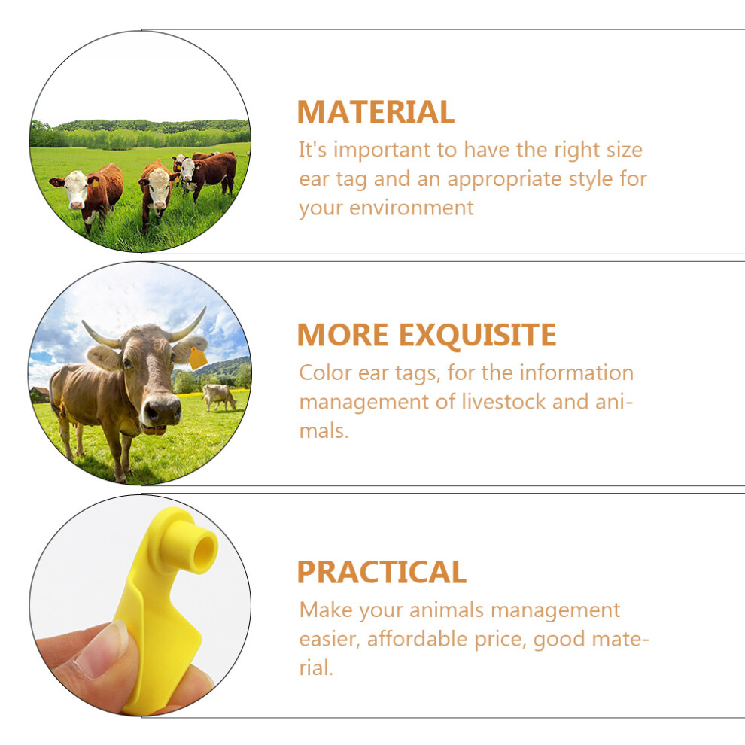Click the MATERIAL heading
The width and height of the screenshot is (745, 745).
[376, 111]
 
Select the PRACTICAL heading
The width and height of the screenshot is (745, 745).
[382, 572]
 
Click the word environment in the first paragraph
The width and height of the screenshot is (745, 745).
[412, 208]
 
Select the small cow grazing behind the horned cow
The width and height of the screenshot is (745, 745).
[218, 397]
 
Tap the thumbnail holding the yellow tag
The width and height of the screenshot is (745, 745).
[102, 649]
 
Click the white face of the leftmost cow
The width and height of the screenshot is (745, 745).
[76, 189]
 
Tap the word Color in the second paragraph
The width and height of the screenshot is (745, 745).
[325, 372]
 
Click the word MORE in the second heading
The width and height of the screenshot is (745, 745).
[342, 335]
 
